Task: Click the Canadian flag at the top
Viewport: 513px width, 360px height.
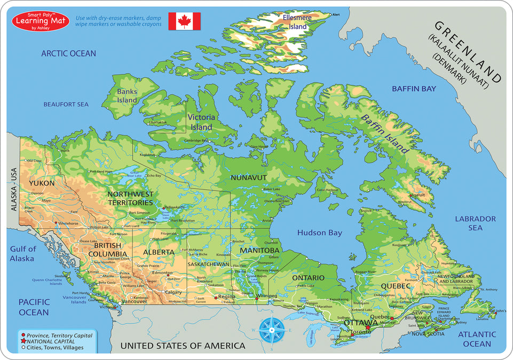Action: pos(184,21)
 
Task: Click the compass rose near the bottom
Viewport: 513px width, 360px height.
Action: pos(272,330)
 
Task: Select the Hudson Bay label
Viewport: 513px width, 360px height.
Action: pos(320,233)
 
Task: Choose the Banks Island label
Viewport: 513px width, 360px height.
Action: pos(127,96)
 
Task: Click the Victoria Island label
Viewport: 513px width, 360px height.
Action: pos(201,122)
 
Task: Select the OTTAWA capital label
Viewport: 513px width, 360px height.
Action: pos(361,323)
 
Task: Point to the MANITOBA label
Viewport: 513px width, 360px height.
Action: pos(259,250)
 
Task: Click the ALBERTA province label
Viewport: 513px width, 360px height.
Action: pos(159,252)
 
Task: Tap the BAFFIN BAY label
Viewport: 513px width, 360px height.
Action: pos(414,89)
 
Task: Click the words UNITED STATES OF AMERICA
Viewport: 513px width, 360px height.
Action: pos(183,346)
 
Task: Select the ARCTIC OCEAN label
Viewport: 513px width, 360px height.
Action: pos(69,53)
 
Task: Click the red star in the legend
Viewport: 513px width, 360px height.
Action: pos(23,341)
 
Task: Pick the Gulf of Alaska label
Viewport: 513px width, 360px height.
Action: pos(22,254)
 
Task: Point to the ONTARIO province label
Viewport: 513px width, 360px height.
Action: pos(308,278)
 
